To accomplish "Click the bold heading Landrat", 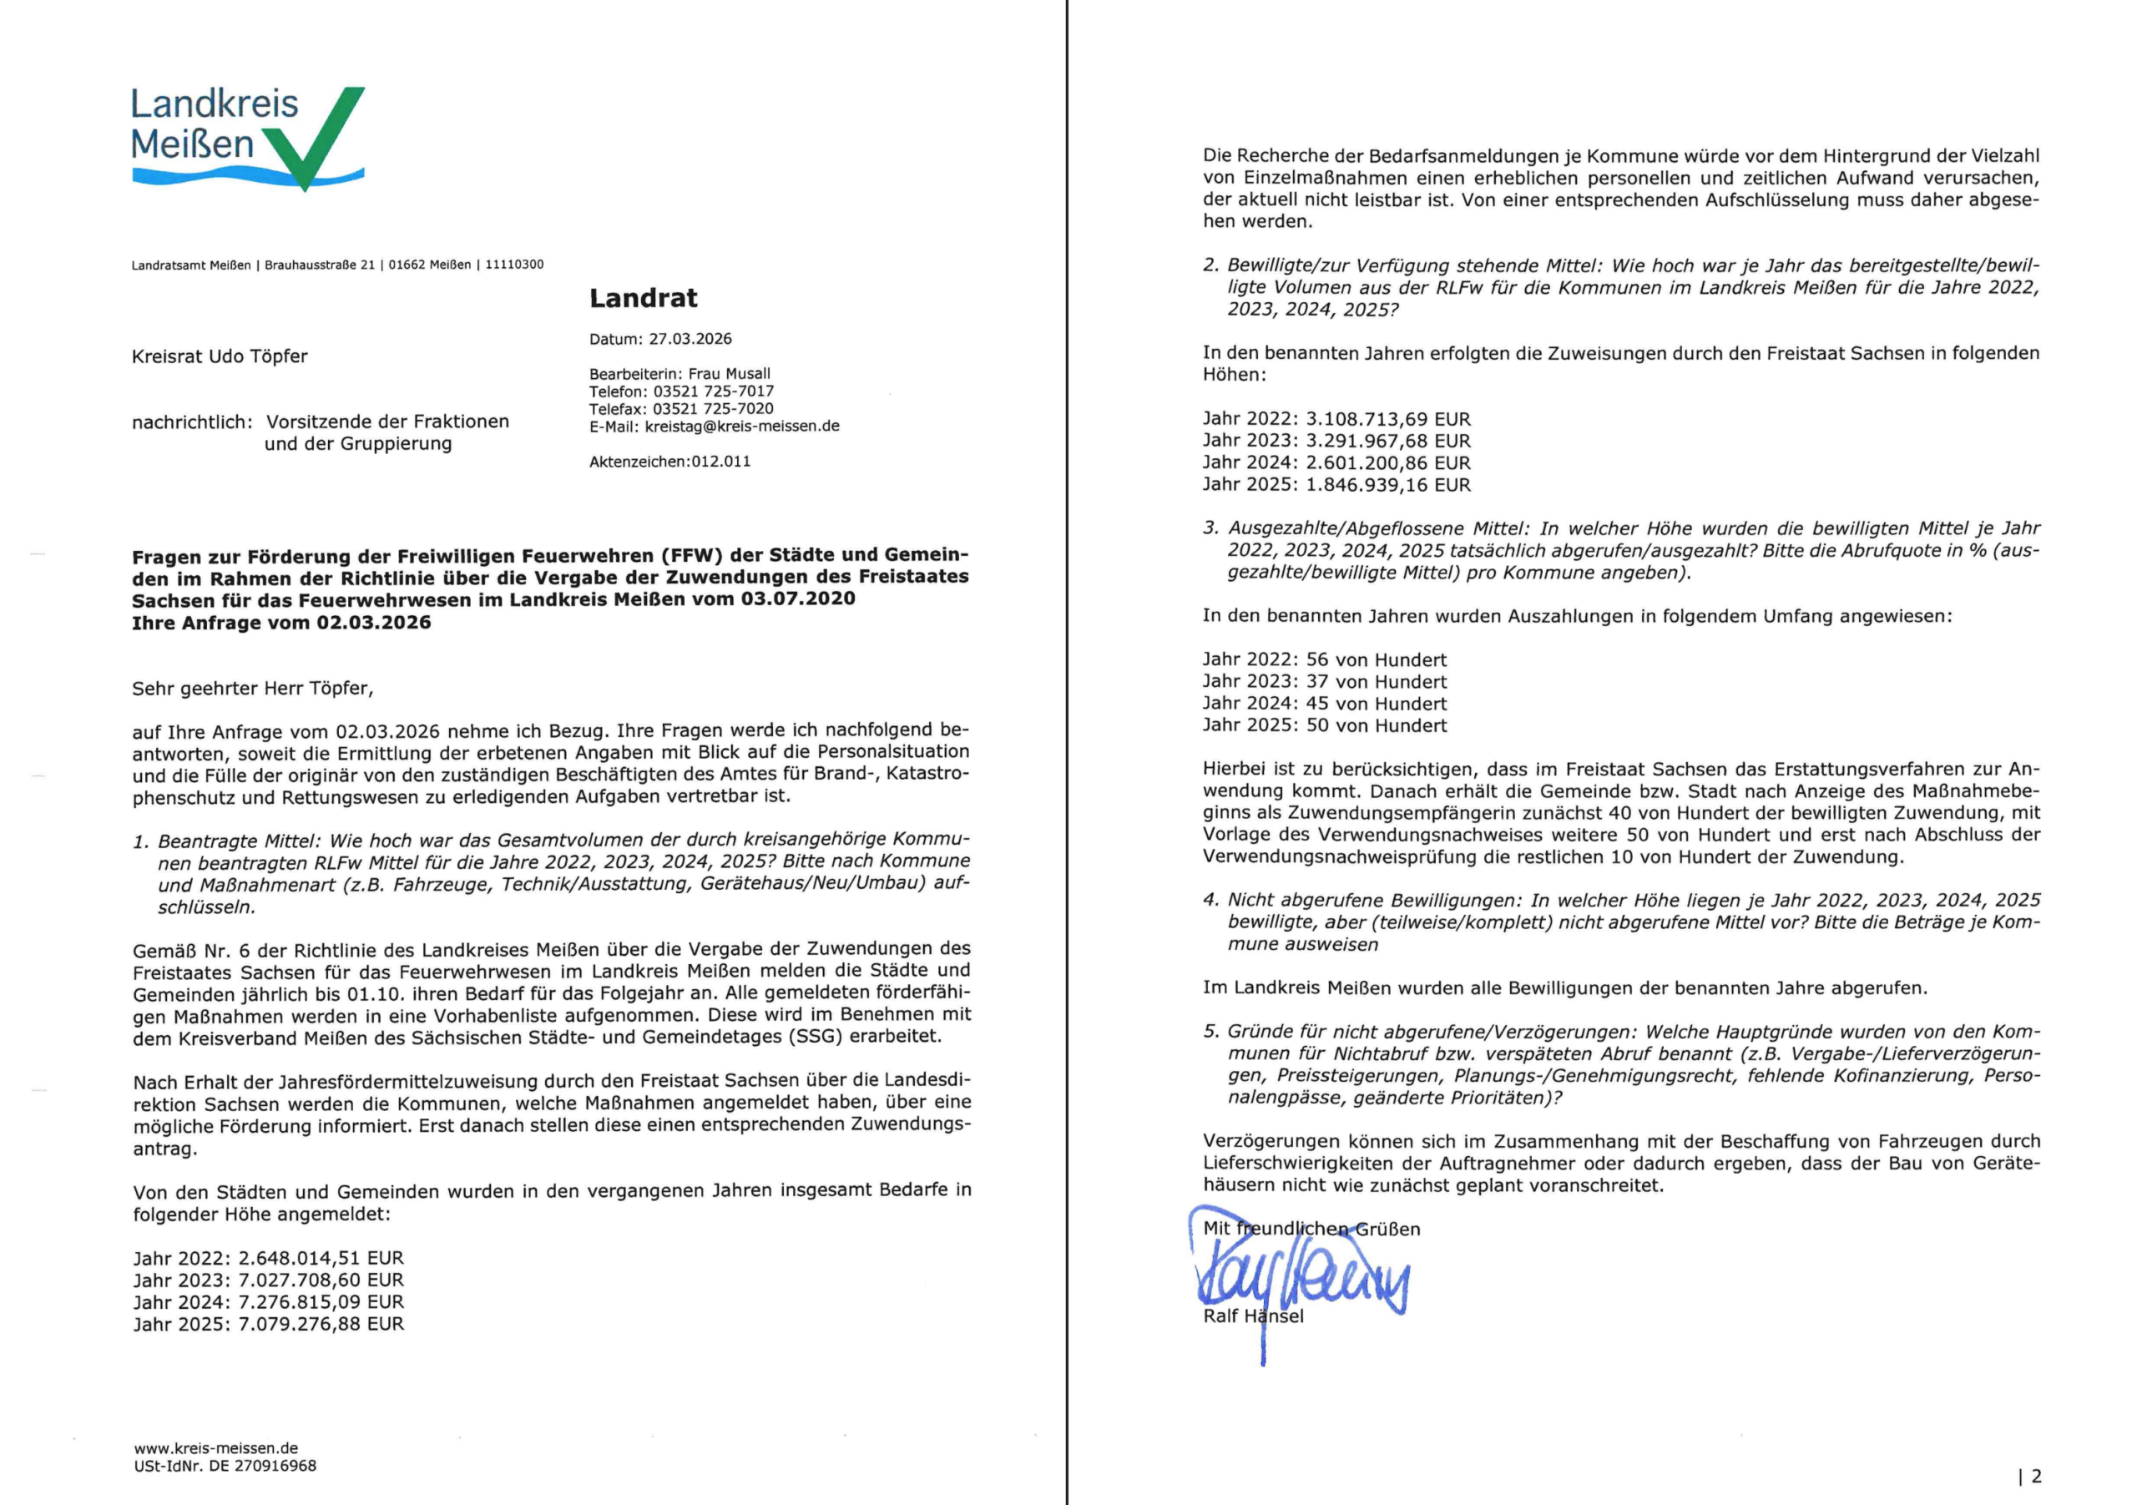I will coord(643,298).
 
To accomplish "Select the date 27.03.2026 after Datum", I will coord(690,339).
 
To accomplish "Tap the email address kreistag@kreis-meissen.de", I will coord(742,427).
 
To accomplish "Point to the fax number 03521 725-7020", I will coord(713,408).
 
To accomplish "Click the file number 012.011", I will coord(720,462).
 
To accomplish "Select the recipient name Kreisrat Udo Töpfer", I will coord(220,356).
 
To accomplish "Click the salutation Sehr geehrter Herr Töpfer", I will coord(252,689).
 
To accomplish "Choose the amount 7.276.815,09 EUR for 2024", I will coord(321,1302).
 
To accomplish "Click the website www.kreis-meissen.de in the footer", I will coord(216,1448).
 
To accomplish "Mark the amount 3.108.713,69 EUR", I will coord(1389,420).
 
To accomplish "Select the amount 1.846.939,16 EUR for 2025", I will coord(1389,485).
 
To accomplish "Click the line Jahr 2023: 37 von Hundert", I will coord(1325,682).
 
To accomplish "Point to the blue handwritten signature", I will coord(1303,1280).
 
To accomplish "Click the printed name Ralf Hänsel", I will coord(1253,1316).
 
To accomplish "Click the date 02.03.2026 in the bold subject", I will coord(373,623).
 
